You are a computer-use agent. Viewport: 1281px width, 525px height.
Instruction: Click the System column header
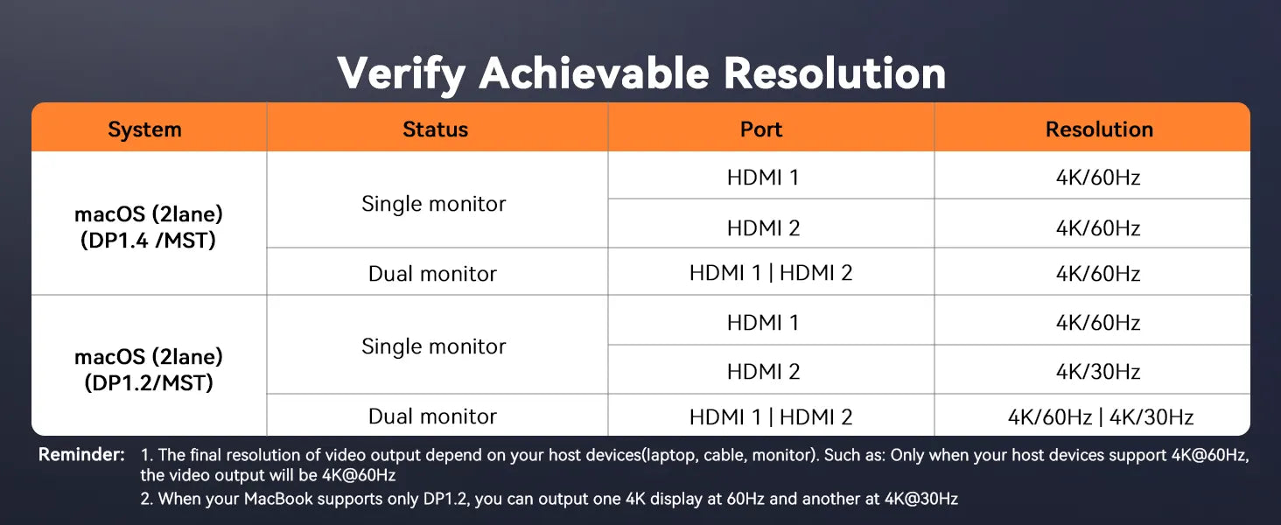point(144,129)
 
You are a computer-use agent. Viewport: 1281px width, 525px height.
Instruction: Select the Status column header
point(435,129)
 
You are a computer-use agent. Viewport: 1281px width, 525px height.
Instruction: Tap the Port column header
point(761,129)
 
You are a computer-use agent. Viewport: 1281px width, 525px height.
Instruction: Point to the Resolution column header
point(1099,129)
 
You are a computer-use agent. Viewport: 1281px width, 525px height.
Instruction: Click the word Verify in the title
point(401,74)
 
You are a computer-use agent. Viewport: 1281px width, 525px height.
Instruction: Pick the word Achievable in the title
point(594,73)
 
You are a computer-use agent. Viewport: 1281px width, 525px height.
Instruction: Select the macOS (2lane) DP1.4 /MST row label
point(149,227)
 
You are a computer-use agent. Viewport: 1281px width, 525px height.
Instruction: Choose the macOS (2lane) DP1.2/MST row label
point(149,369)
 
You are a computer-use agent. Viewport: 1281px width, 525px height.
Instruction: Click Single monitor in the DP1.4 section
point(433,204)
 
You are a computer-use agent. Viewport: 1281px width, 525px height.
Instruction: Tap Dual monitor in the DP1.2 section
point(432,416)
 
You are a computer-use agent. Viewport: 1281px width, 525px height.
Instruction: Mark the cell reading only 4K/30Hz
point(1098,372)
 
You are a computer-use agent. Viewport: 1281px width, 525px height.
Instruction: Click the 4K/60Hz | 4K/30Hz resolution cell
point(1100,416)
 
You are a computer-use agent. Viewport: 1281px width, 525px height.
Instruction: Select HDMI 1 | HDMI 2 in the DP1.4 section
point(770,273)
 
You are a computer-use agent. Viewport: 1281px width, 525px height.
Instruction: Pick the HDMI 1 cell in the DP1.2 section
point(762,323)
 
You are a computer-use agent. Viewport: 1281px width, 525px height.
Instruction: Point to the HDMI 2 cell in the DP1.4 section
point(763,227)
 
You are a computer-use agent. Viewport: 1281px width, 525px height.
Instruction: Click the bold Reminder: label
point(81,455)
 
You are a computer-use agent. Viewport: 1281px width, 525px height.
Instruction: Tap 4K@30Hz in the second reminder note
point(920,499)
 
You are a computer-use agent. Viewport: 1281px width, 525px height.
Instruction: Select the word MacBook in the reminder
point(278,499)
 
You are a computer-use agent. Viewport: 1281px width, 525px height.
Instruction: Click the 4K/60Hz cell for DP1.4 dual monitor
point(1098,273)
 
